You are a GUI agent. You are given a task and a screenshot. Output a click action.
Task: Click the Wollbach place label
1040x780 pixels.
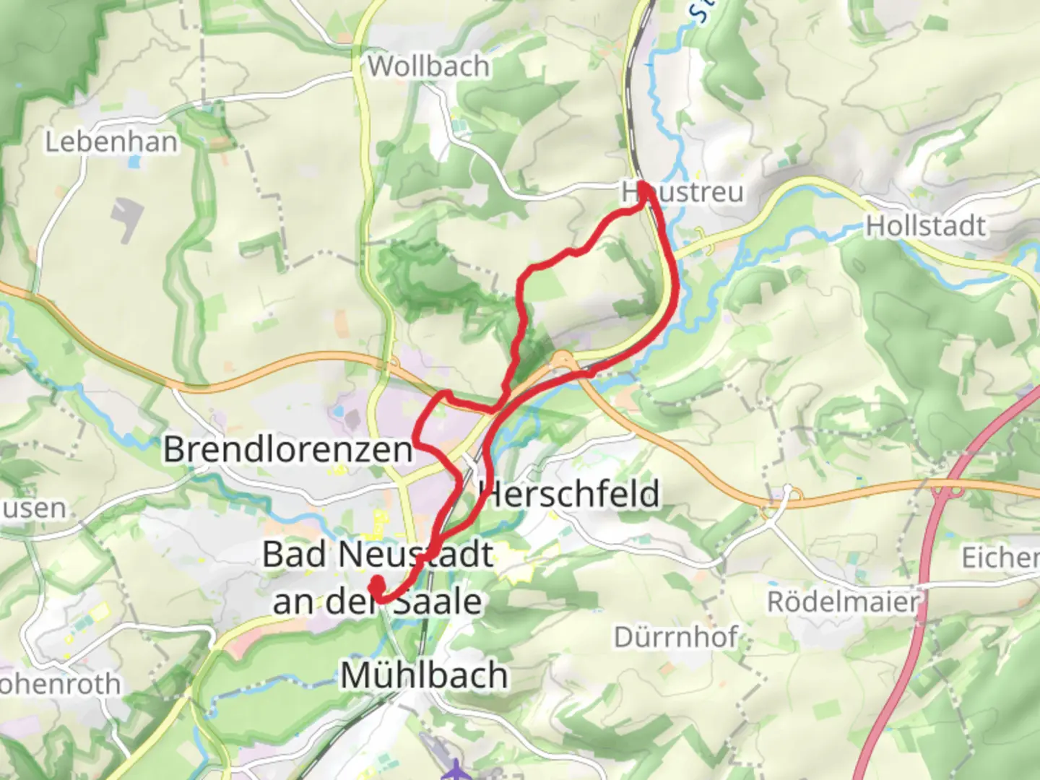click(x=428, y=66)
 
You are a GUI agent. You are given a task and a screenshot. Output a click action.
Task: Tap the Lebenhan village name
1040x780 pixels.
click(x=111, y=142)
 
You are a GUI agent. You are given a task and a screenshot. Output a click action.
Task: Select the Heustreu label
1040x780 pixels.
click(x=682, y=193)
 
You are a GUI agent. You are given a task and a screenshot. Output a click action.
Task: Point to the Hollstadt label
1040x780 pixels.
click(x=925, y=226)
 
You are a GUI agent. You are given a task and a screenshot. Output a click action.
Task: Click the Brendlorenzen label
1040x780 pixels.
click(x=287, y=449)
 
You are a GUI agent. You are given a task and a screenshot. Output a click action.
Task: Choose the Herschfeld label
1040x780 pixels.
click(x=570, y=495)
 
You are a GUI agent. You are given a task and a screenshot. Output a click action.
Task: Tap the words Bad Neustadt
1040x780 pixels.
click(x=377, y=555)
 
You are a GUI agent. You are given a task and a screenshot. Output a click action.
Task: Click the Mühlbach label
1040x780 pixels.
click(x=424, y=676)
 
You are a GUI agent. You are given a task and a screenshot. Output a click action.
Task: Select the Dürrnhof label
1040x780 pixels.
click(x=675, y=637)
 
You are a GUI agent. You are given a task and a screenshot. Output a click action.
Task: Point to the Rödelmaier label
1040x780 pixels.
click(x=843, y=602)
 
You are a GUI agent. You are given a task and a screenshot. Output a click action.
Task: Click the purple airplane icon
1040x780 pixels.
click(x=456, y=770)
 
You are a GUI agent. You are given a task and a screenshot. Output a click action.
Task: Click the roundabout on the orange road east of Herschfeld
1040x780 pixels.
click(x=793, y=496)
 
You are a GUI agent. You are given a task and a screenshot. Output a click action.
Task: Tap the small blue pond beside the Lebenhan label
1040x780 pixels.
click(x=134, y=162)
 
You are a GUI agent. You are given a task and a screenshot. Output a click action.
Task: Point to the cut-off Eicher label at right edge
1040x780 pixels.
click(x=1000, y=558)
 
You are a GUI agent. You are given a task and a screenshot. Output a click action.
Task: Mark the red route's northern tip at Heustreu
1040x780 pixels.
click(x=642, y=186)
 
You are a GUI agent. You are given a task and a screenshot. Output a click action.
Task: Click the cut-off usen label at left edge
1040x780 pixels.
click(x=32, y=508)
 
